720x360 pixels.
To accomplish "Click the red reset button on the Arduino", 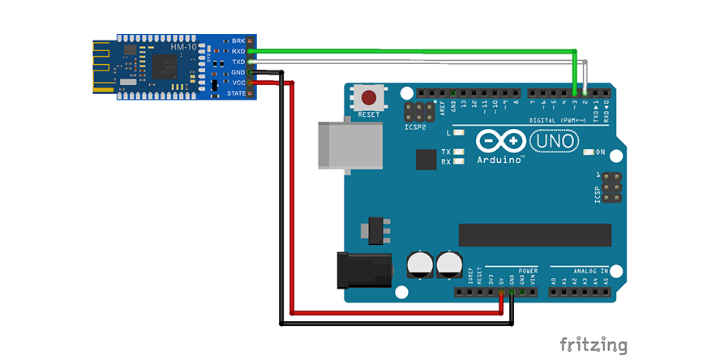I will pyautogui.click(x=369, y=99).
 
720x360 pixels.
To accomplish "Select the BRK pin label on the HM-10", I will pyautogui.click(x=238, y=41).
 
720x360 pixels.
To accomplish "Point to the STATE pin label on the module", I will pyautogui.click(x=236, y=93).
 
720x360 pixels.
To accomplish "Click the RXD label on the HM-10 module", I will pyautogui.click(x=238, y=51).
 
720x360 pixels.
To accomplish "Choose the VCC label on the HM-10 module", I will pyautogui.click(x=238, y=83).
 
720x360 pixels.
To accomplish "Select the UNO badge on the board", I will pyautogui.click(x=554, y=142).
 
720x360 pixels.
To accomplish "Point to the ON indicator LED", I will pyautogui.click(x=589, y=152).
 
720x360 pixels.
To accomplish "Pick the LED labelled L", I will pyautogui.click(x=458, y=132).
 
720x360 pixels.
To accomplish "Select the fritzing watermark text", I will pyautogui.click(x=594, y=344).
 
